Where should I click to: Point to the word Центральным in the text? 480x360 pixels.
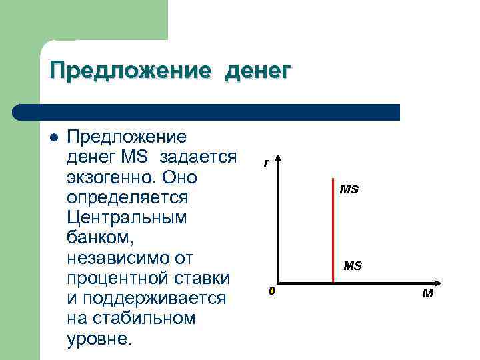point(127,217)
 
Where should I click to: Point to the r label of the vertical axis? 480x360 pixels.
point(265,162)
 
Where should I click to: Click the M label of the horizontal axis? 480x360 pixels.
point(427,293)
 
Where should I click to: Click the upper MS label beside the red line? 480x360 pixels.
point(349,189)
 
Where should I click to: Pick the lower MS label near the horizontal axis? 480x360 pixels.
point(353,266)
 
